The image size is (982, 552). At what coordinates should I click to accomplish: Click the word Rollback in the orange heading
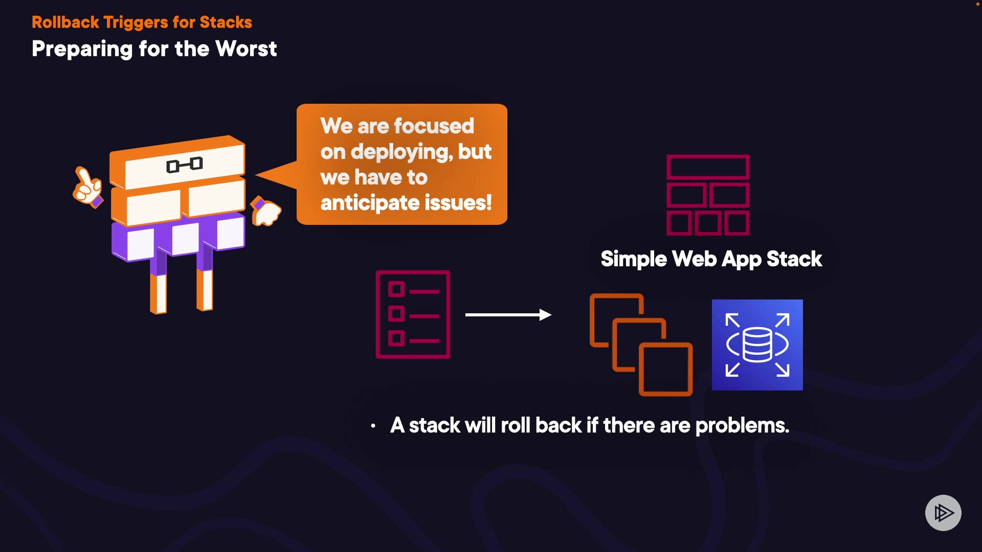click(x=65, y=22)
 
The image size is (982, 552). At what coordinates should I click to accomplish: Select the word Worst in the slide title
click(x=246, y=49)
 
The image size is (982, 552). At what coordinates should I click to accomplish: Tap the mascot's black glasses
click(x=185, y=165)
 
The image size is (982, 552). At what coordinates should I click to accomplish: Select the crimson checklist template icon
click(x=413, y=314)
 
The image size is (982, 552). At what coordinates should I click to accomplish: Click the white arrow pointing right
click(x=508, y=315)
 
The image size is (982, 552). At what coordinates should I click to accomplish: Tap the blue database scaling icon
click(x=757, y=345)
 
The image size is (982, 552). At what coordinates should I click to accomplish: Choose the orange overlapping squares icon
click(x=641, y=344)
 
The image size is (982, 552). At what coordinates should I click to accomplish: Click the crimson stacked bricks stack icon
click(x=708, y=195)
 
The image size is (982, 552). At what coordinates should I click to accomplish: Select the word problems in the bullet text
click(x=742, y=425)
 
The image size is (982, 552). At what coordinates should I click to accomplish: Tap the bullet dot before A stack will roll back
click(x=373, y=426)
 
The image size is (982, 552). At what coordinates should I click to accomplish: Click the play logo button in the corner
click(x=943, y=513)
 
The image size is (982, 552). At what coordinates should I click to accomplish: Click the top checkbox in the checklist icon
click(x=396, y=289)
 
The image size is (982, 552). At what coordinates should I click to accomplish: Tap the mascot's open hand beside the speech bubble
click(x=265, y=211)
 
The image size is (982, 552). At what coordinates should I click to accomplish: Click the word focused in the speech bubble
click(x=434, y=126)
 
